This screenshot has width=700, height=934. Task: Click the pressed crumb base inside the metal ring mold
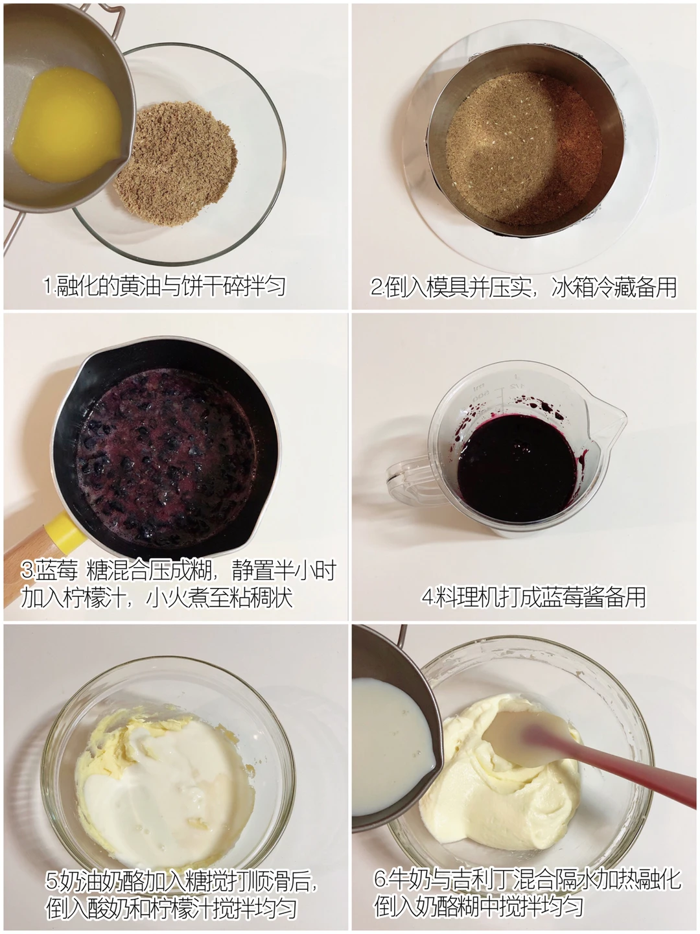tap(524, 148)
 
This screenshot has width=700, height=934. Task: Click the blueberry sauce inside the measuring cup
tap(517, 468)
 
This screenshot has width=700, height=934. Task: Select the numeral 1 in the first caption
tap(49, 286)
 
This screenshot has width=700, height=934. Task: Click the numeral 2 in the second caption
tap(377, 286)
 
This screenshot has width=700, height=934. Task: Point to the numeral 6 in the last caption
tap(380, 878)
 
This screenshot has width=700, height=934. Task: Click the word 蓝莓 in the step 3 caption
tap(56, 570)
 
